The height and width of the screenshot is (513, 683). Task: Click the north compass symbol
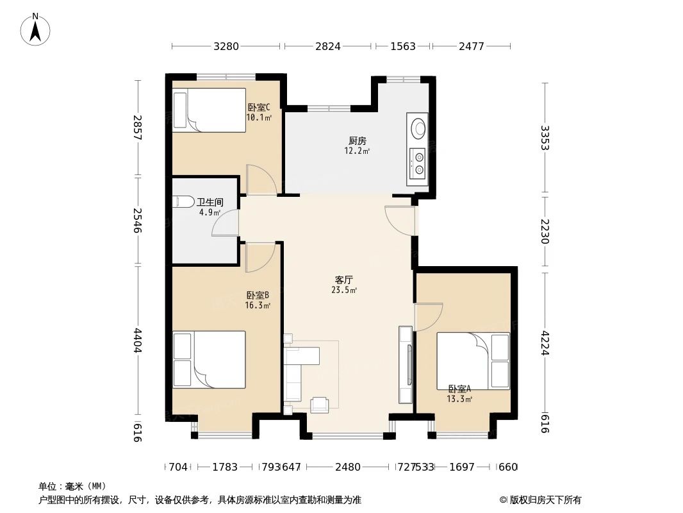point(36,29)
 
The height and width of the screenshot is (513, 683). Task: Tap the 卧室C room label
point(258,108)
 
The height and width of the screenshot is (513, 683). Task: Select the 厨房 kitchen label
point(358,140)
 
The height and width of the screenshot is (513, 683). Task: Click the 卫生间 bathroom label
point(210,201)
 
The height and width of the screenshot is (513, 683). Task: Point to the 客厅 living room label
point(344,280)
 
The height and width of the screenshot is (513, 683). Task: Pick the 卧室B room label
point(258,295)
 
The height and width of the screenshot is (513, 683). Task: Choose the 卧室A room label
point(459,389)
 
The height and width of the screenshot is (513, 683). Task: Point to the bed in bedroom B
point(210,359)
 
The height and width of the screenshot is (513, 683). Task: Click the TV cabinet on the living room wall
point(406,364)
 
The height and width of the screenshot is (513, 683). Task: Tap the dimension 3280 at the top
point(226,46)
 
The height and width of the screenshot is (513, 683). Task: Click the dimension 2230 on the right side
point(545,231)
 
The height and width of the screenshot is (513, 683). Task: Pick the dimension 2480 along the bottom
point(348,467)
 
